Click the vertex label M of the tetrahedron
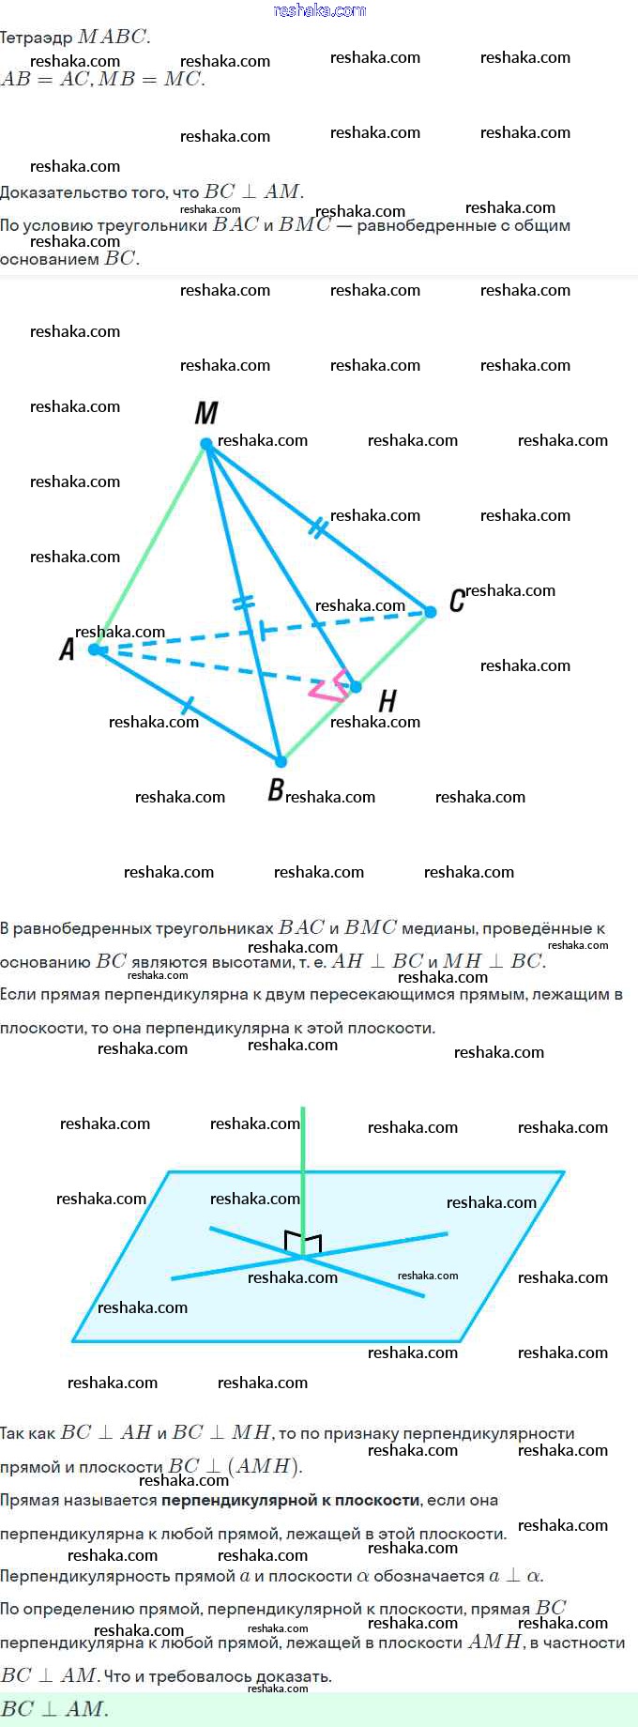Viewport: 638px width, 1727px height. tap(206, 413)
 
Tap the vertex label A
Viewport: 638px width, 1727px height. tap(67, 649)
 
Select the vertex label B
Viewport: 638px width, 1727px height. tap(275, 790)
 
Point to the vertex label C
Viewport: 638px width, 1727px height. tap(457, 600)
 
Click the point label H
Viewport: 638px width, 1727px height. tap(387, 700)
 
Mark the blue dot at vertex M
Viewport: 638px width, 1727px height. tap(206, 444)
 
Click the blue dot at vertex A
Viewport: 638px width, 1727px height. tap(94, 649)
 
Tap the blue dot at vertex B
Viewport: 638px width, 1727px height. tap(280, 761)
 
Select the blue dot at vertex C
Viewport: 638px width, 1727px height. tap(431, 612)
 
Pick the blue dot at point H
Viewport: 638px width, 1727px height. tap(356, 687)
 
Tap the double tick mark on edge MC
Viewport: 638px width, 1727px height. tap(318, 528)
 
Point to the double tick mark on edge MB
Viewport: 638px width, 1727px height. tap(243, 602)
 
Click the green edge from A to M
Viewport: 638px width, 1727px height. tap(150, 546)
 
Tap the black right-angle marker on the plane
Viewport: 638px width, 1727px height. tap(303, 1242)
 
